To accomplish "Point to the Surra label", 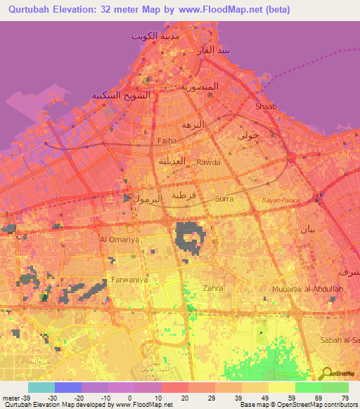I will (225, 199).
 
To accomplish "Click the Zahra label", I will (212, 288).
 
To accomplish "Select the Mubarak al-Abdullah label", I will (308, 289).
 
